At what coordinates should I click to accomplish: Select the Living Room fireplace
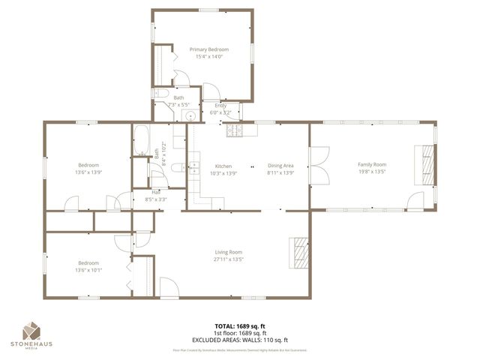[299, 253]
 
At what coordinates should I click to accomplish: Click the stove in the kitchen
[234, 131]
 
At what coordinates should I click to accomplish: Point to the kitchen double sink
[193, 166]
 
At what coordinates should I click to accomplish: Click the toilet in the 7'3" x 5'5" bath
[162, 94]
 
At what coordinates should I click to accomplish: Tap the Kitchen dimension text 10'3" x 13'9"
[224, 173]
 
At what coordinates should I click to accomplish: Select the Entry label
[220, 106]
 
